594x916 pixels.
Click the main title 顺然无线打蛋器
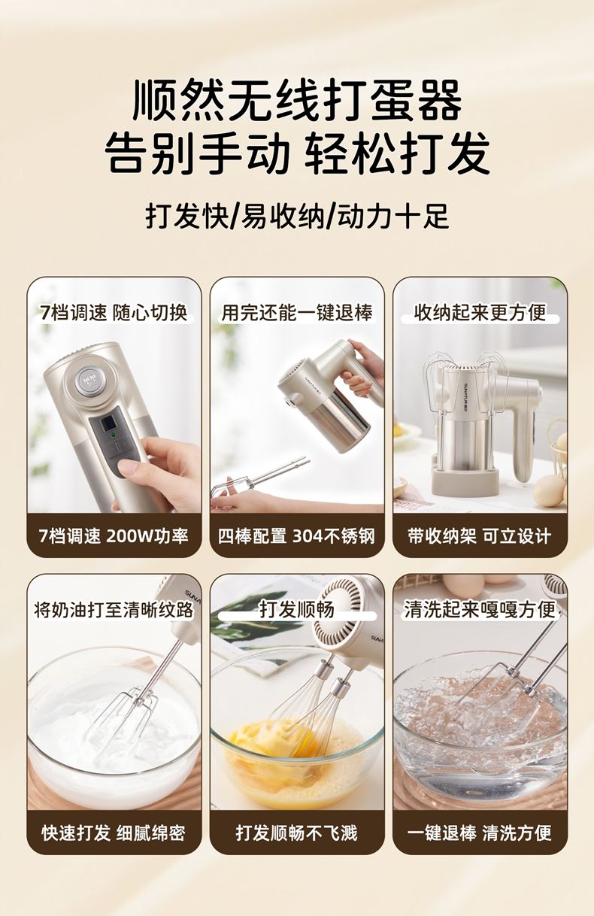click(x=297, y=101)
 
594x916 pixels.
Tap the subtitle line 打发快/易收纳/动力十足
click(x=297, y=216)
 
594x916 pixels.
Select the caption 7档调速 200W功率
click(x=114, y=535)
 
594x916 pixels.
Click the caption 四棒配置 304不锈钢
click(x=297, y=535)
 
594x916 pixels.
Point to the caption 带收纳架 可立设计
click(x=480, y=535)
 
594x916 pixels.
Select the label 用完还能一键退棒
click(x=297, y=313)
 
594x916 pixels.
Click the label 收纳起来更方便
click(x=480, y=313)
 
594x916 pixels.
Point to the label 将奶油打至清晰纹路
click(x=114, y=610)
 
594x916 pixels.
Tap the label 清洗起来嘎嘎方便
click(x=480, y=610)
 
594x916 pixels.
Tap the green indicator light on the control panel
click(x=114, y=435)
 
